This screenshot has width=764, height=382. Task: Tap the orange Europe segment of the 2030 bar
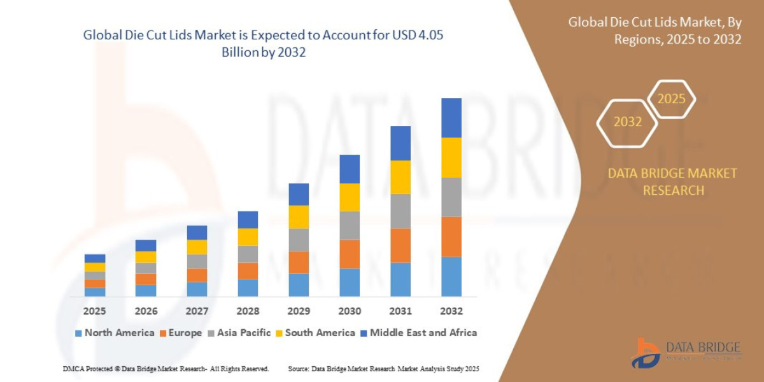point(349,253)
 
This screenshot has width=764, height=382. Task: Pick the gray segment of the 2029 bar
point(298,239)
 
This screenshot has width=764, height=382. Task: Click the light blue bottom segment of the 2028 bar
point(248,287)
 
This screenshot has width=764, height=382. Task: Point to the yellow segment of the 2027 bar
point(197,247)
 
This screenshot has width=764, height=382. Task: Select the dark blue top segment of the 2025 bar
point(95,258)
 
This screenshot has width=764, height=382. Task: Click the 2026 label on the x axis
point(146,311)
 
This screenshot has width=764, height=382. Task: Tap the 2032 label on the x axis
point(451,311)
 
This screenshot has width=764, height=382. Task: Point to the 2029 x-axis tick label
point(298,311)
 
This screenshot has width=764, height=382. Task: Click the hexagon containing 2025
point(671,99)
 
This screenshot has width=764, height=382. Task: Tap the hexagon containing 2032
point(627,122)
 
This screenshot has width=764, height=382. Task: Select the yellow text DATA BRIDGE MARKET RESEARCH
point(672,181)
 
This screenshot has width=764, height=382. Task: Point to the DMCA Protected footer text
point(166,369)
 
